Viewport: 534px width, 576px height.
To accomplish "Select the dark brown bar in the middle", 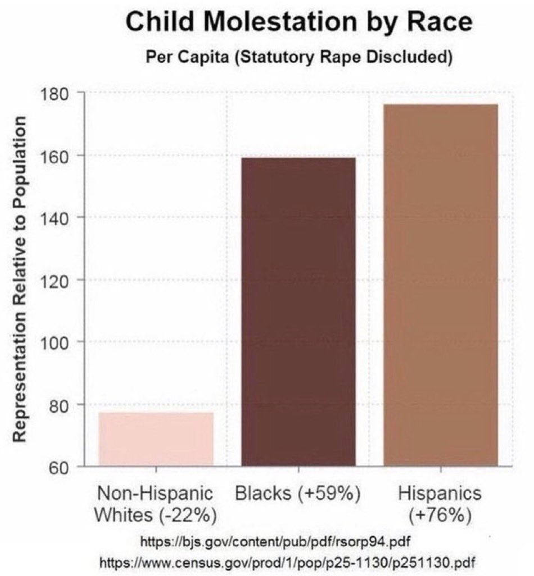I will pos(298,312).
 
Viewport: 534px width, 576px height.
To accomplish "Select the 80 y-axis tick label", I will pos(58,404).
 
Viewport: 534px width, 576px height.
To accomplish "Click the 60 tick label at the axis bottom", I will pos(58,467).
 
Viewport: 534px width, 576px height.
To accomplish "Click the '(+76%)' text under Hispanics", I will pos(440,515).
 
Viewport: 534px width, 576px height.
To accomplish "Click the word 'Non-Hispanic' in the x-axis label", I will pos(156,494).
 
